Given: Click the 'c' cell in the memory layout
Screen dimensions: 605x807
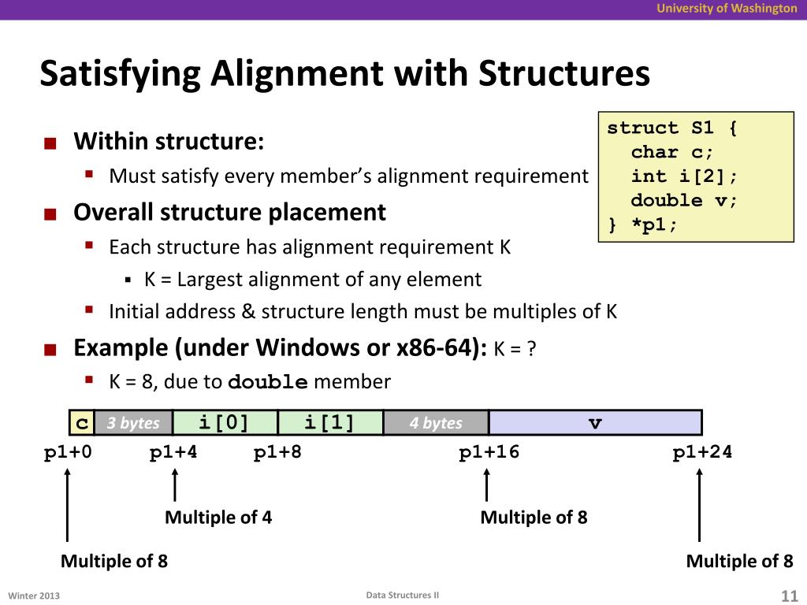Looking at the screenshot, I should pos(81,423).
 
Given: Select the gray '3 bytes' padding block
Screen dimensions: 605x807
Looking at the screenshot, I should pos(133,423).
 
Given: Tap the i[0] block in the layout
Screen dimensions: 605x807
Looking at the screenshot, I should pos(225,423).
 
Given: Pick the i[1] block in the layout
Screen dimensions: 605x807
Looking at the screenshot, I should pos(330,423).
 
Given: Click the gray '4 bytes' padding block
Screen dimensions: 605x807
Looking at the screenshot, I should pos(436,423).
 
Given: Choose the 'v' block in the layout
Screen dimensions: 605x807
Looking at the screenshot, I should pos(595,423).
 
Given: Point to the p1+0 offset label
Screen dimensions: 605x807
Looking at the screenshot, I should pos(68,452).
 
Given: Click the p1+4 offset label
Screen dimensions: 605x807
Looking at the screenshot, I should pos(174,452).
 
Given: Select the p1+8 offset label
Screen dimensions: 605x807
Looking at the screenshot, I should pos(277,452).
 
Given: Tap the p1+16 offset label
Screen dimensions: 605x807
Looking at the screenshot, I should pos(489,452).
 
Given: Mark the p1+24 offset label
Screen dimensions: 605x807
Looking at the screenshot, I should pos(702,452).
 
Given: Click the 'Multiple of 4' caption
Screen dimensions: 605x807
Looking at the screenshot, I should pos(218,518).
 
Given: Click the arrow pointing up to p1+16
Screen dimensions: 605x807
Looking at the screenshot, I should pos(486,484).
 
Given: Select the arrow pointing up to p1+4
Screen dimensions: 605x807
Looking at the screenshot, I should pos(174,484).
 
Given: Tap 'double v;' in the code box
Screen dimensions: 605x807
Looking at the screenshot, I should pos(684,200).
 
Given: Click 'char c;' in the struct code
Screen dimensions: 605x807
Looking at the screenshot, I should pos(672,152).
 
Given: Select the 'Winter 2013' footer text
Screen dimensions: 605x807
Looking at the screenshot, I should pos(34,596).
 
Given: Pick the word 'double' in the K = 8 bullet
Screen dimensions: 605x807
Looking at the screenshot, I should pos(267,383).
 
